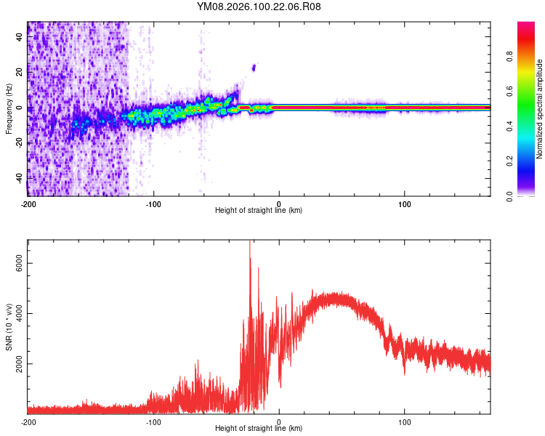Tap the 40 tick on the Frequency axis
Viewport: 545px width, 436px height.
pos(19,38)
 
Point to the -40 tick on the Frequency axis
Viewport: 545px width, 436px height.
pos(17,178)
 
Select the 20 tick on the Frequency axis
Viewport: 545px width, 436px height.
pos(19,73)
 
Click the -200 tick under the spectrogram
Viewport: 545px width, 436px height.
pos(28,203)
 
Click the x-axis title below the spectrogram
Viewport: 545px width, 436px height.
pos(259,211)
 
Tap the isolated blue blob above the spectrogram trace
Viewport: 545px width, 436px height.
pos(254,68)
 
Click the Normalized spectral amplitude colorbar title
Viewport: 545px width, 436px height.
pos(540,109)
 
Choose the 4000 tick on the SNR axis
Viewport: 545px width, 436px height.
pos(16,314)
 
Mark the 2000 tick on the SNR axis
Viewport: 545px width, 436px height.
pos(16,364)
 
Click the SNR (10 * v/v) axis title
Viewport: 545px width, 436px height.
pos(9,327)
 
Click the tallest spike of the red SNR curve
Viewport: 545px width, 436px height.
pos(250,243)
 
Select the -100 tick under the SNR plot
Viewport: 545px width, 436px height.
pos(153,421)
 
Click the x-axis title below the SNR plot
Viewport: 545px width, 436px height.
pos(259,429)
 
